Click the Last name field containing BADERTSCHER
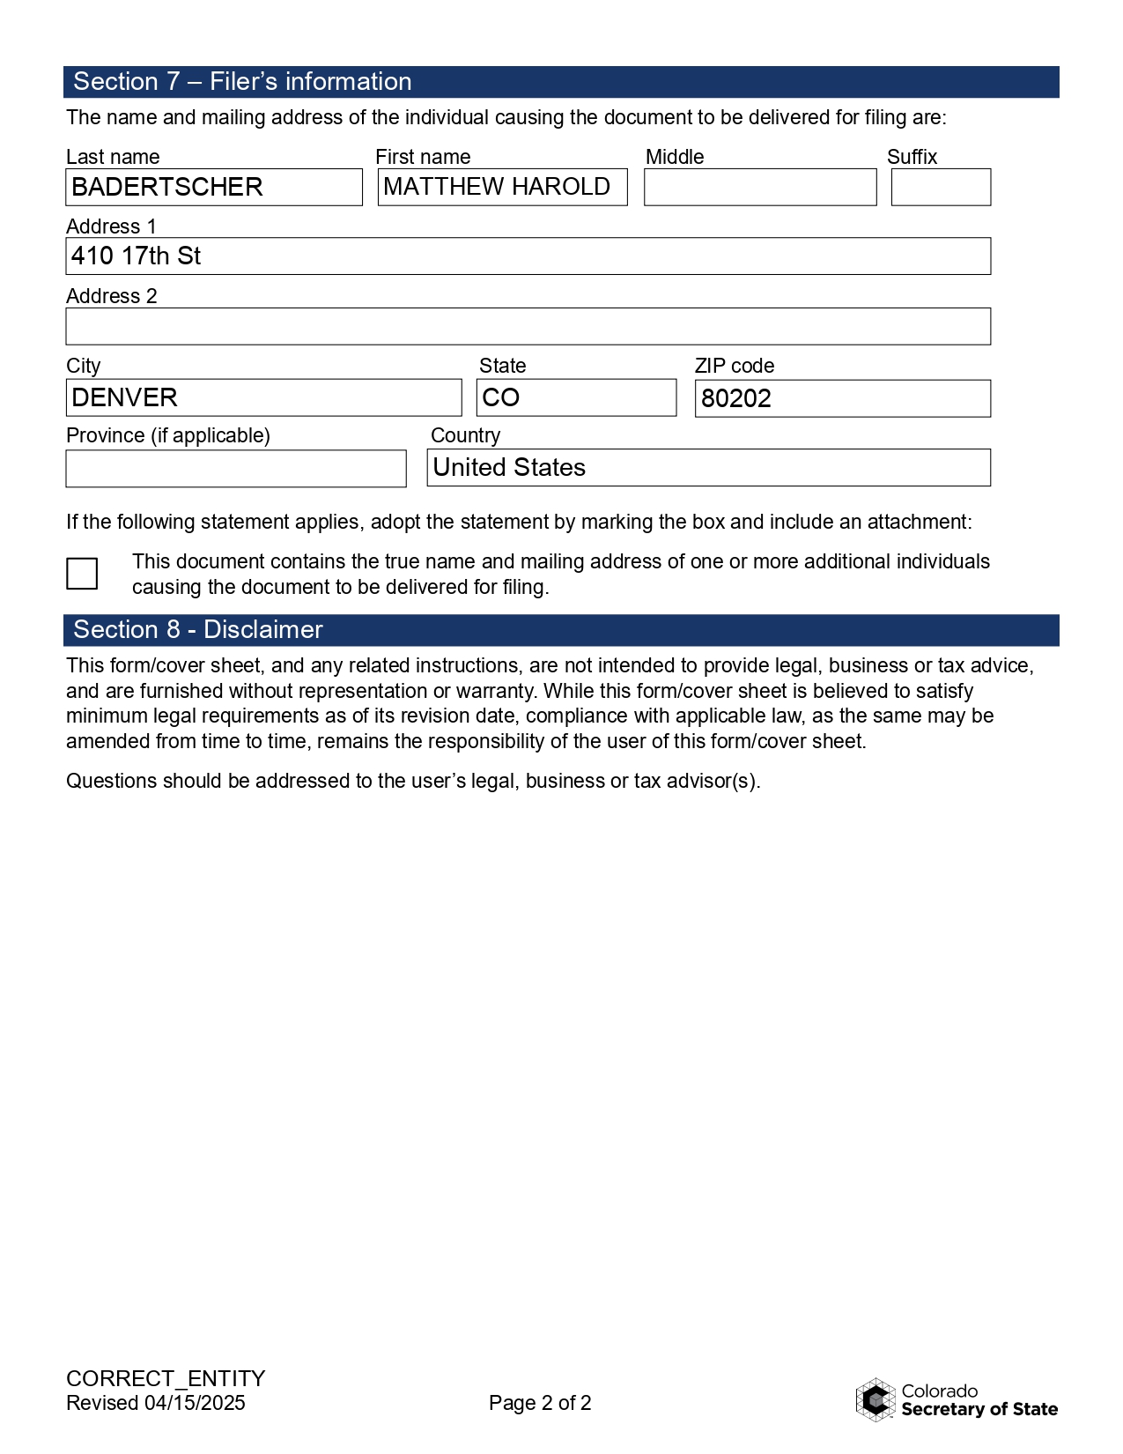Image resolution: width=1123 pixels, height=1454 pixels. (x=214, y=187)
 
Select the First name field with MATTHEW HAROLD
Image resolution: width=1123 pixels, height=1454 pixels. (x=502, y=187)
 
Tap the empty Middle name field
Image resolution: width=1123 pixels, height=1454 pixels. (x=760, y=187)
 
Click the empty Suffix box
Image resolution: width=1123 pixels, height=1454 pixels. (x=941, y=187)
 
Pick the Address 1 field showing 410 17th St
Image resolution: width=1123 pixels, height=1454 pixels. (x=528, y=256)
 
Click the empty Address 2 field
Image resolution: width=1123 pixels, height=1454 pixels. (x=528, y=326)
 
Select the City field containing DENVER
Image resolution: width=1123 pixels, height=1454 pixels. (x=263, y=397)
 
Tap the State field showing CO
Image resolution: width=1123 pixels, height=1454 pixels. (x=576, y=397)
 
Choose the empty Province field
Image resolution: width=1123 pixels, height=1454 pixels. (x=236, y=468)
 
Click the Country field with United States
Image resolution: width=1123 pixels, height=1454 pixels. (x=708, y=468)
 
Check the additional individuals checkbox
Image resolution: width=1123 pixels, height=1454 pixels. (x=82, y=574)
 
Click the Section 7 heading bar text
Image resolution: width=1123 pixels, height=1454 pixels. (x=242, y=82)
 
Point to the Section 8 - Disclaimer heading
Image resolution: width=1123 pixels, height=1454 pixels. (x=198, y=630)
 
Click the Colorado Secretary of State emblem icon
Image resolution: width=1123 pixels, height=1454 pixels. (x=875, y=1399)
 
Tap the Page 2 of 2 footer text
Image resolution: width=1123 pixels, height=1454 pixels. (x=540, y=1403)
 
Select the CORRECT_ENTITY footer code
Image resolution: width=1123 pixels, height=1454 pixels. (x=166, y=1378)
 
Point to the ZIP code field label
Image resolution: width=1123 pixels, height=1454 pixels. (x=734, y=366)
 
